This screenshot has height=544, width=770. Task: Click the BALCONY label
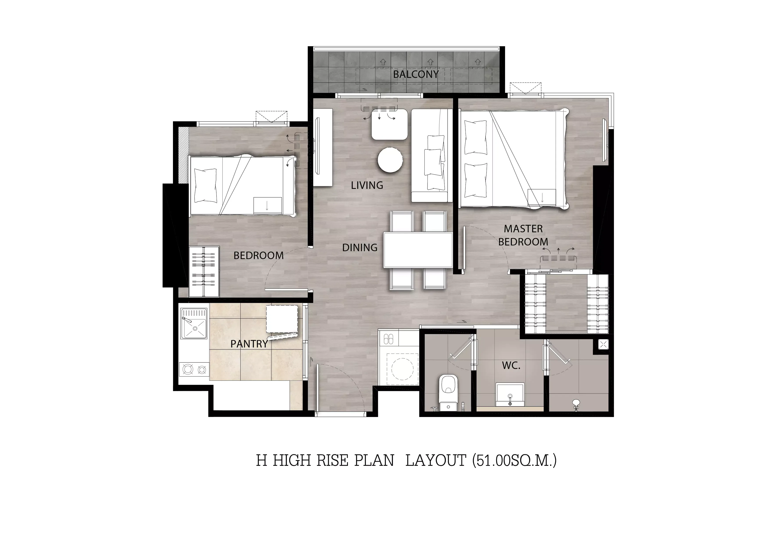click(x=416, y=74)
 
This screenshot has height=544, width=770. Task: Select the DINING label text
click(x=360, y=248)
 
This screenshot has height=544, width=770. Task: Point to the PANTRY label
click(x=249, y=344)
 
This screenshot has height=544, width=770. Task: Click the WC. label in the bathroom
click(x=511, y=366)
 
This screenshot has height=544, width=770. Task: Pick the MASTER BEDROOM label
click(x=523, y=235)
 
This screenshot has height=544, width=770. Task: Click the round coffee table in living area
click(x=390, y=160)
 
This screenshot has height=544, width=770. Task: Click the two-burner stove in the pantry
click(x=194, y=369)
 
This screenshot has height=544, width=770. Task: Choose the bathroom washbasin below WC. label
click(x=510, y=395)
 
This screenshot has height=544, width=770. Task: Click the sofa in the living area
click(x=430, y=156)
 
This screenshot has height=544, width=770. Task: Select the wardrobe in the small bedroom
click(x=204, y=272)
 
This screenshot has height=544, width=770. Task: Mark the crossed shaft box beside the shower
click(x=603, y=344)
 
